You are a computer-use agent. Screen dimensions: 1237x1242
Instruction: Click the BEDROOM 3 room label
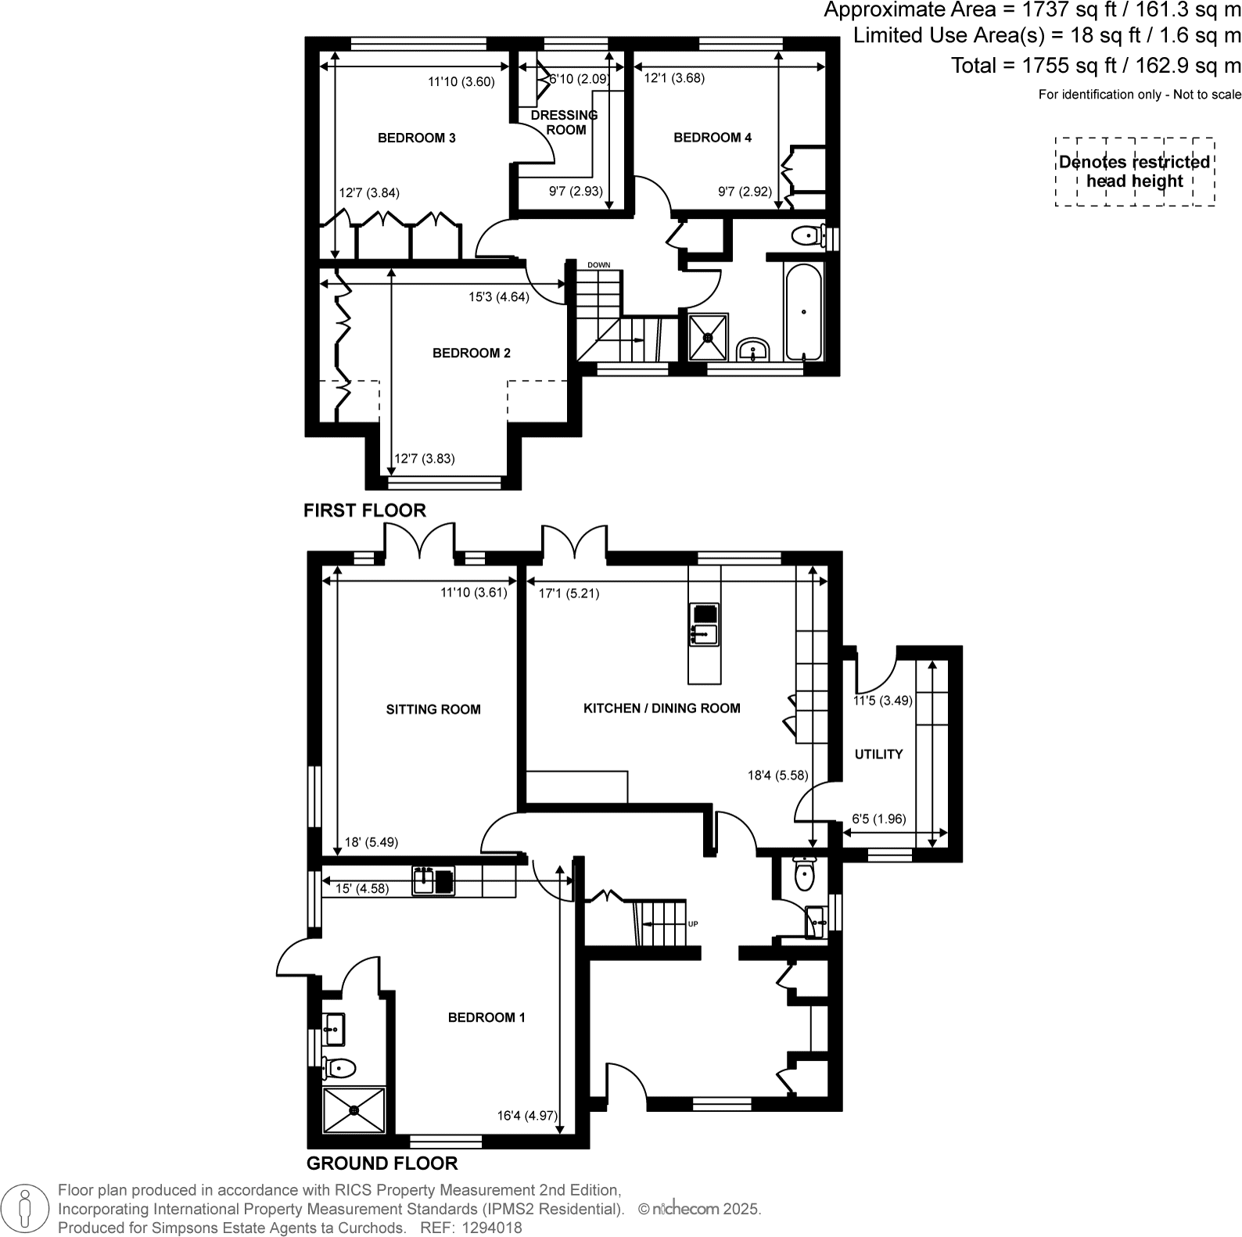pos(416,138)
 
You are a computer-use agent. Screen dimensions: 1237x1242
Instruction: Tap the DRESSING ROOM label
pos(565,123)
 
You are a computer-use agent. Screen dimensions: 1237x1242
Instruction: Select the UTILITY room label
pos(878,755)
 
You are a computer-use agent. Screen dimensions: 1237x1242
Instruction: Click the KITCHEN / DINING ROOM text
pos(662,708)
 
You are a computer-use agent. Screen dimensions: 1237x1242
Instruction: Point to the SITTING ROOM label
pos(433,710)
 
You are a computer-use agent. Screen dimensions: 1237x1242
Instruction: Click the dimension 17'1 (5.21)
pos(569,593)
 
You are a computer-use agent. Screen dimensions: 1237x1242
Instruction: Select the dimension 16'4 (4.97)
pos(527,1116)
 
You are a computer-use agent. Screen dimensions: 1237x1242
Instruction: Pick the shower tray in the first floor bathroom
pos(709,338)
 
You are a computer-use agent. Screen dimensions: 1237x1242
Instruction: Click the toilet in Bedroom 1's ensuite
pos(340,1067)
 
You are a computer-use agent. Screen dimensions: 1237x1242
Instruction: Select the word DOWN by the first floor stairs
pos(598,265)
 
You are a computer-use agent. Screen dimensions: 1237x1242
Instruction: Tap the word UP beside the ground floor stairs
pos(692,924)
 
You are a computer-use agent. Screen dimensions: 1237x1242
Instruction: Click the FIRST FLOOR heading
pos(364,511)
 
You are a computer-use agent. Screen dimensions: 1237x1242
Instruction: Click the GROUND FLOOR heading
pos(382,1163)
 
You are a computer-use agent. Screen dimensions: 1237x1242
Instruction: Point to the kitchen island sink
pos(703,633)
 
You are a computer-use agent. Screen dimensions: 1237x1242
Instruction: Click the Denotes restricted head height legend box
pos(1134,172)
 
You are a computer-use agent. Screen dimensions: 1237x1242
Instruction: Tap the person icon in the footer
pos(26,1208)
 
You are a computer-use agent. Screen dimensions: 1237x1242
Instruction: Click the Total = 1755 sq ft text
pos(1095,66)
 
